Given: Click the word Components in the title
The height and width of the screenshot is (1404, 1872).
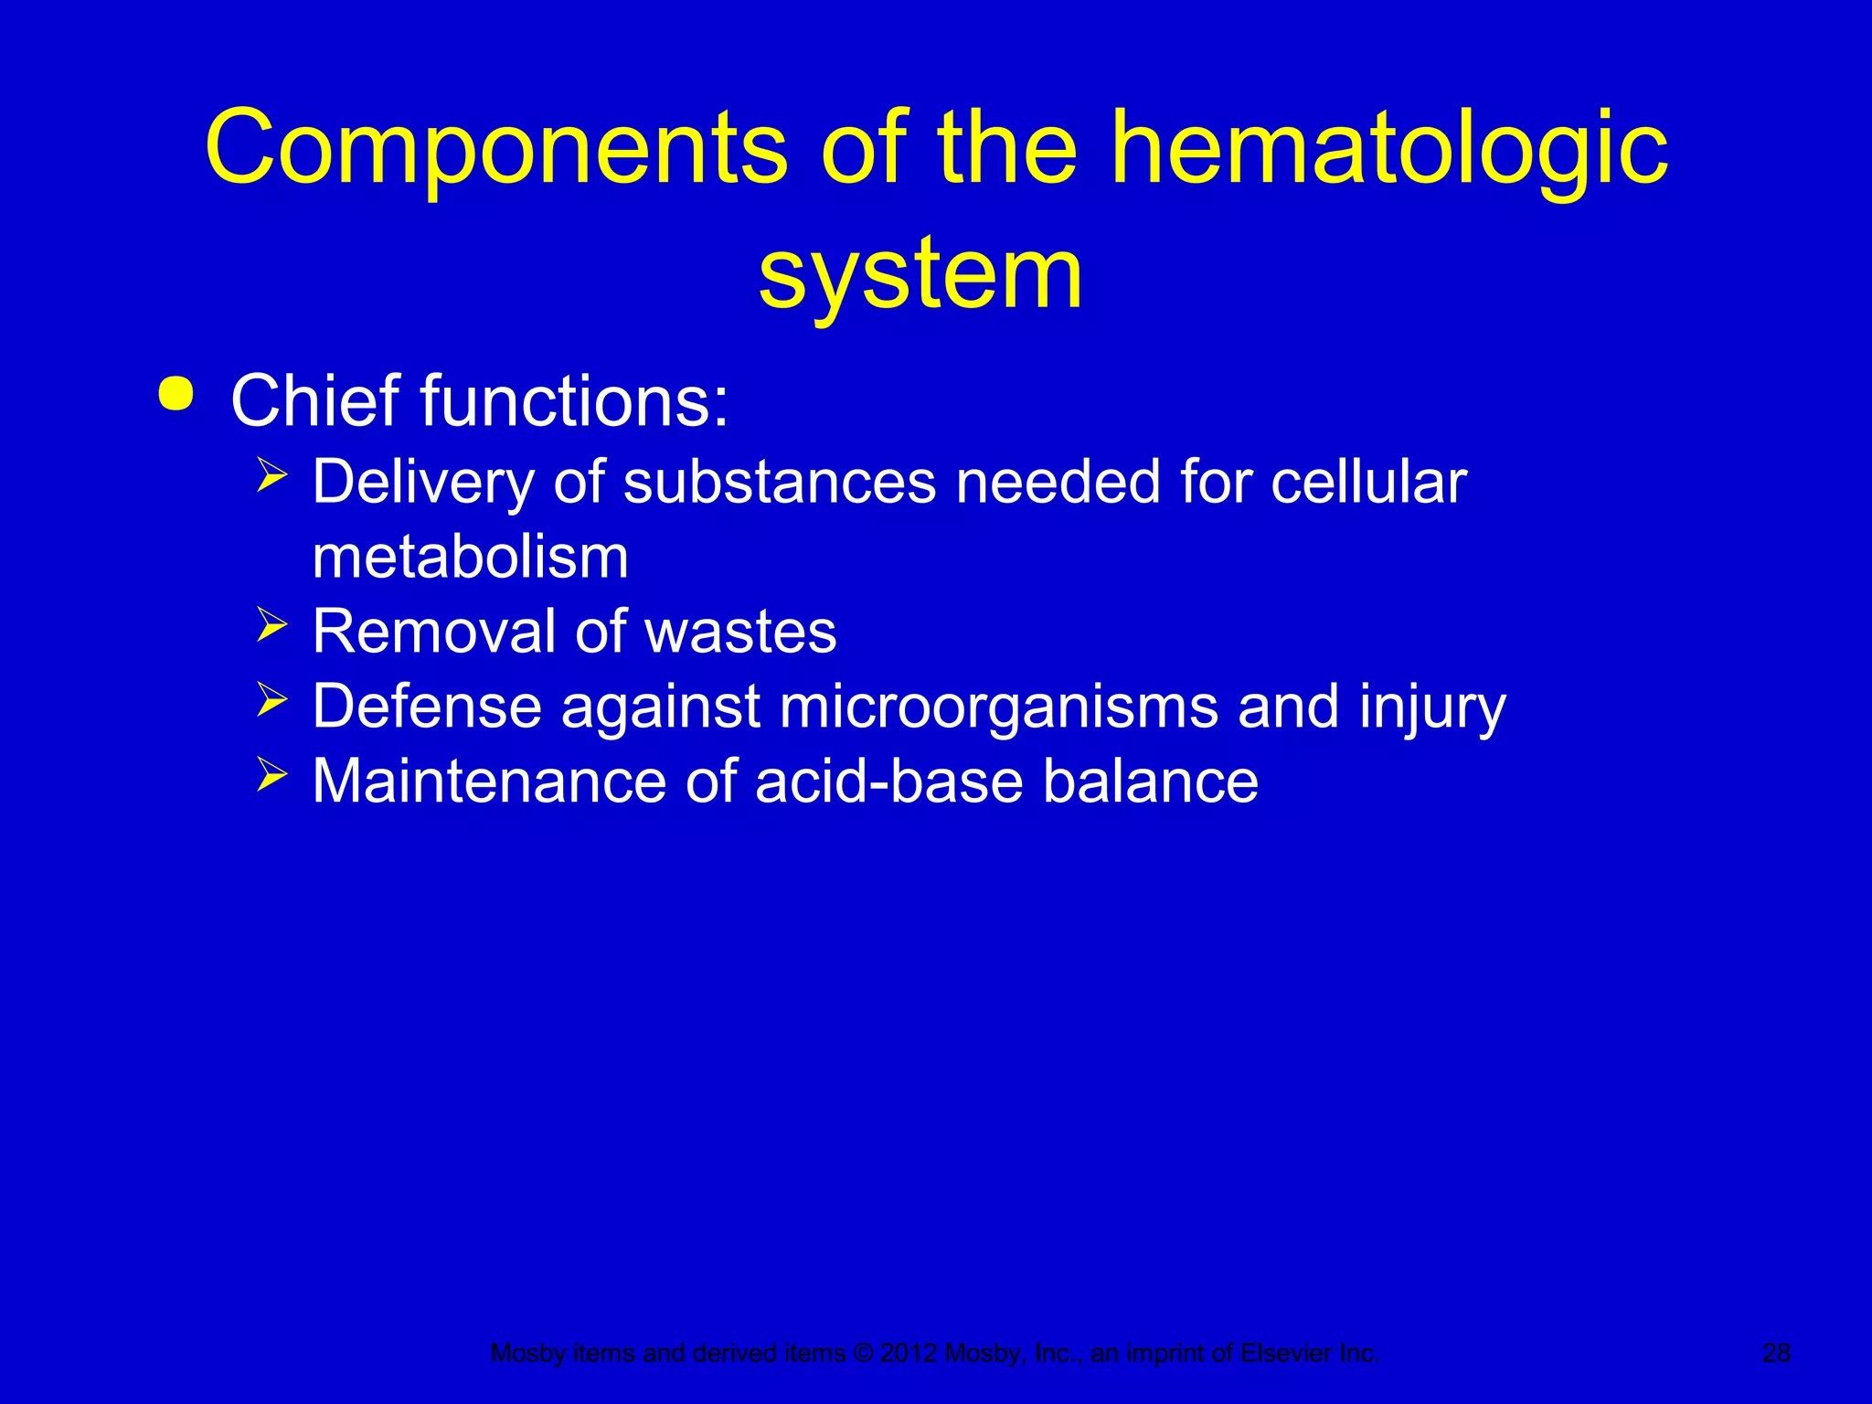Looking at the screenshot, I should (496, 149).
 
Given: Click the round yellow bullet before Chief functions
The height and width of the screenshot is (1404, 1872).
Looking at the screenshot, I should (175, 395).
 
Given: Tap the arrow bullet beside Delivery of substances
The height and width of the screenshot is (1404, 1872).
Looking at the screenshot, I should (271, 475).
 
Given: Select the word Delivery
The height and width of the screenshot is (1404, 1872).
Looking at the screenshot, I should (423, 482).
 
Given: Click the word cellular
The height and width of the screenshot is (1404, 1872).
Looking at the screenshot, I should (1368, 482).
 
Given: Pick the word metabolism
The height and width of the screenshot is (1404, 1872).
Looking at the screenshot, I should (471, 557).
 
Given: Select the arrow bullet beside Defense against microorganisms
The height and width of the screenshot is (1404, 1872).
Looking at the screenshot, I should (271, 700).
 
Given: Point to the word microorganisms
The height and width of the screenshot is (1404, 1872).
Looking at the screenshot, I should (999, 707).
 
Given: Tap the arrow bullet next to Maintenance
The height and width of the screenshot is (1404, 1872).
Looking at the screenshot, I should (271, 775).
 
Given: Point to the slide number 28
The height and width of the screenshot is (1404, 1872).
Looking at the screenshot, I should (1776, 1353).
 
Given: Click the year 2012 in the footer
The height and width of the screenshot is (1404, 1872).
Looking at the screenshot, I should (909, 1353).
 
